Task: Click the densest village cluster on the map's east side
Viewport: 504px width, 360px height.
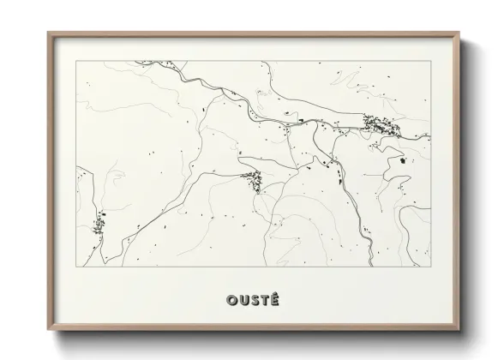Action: (x=381, y=127)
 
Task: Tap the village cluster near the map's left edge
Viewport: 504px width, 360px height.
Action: (x=99, y=225)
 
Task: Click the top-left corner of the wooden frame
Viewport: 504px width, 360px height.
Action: (x=48, y=33)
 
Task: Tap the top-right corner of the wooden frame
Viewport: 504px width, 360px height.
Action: (x=459, y=33)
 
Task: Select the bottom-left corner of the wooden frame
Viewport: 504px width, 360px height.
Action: (x=48, y=330)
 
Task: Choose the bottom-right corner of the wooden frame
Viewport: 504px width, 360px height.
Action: (x=459, y=330)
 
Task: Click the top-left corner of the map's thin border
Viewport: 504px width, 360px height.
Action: (x=76, y=61)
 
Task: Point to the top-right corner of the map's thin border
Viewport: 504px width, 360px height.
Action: (x=430, y=61)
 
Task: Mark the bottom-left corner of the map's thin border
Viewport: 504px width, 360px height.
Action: (x=76, y=267)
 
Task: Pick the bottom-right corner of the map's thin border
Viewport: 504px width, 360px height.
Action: (x=430, y=267)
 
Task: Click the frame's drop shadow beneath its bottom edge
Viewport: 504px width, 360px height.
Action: (x=257, y=337)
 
